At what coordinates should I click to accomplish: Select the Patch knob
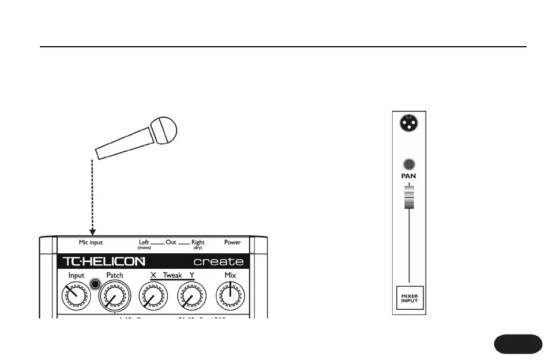[114, 297]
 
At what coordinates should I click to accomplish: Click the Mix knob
[230, 297]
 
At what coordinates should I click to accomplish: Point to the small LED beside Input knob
[95, 284]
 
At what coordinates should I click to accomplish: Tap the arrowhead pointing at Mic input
[93, 232]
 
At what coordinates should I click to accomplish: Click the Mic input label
[91, 243]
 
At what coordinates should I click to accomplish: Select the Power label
[232, 243]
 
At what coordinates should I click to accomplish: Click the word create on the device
[218, 262]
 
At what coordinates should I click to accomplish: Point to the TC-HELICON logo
[103, 262]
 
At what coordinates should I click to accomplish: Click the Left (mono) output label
[144, 244]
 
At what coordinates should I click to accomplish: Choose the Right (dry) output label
[198, 244]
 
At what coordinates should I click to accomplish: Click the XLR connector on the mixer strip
[409, 123]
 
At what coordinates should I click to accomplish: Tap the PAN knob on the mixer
[409, 164]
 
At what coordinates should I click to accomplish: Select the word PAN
[409, 175]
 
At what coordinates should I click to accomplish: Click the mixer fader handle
[409, 197]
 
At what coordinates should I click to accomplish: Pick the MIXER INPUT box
[409, 298]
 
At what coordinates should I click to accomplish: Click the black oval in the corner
[518, 343]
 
